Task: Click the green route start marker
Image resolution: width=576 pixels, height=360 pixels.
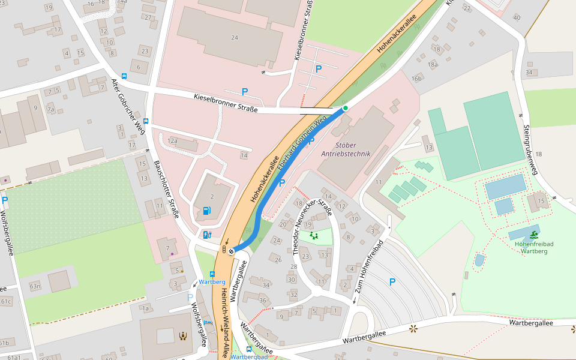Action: [346, 108]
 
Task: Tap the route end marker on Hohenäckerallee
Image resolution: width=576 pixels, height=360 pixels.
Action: [231, 251]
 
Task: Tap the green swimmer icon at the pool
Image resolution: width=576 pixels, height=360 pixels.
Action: [533, 234]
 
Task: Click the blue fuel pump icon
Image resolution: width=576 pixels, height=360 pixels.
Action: [207, 210]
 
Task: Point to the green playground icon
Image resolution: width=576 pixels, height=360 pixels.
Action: [313, 235]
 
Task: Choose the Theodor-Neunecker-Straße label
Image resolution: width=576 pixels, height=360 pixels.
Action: [310, 227]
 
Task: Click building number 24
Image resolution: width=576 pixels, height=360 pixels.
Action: [235, 37]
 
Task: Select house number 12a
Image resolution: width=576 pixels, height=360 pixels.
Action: [173, 140]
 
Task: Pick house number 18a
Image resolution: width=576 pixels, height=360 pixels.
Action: [433, 64]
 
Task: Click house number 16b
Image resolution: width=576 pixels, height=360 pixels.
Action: [417, 79]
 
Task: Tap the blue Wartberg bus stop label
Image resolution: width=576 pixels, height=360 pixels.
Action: [212, 281]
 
